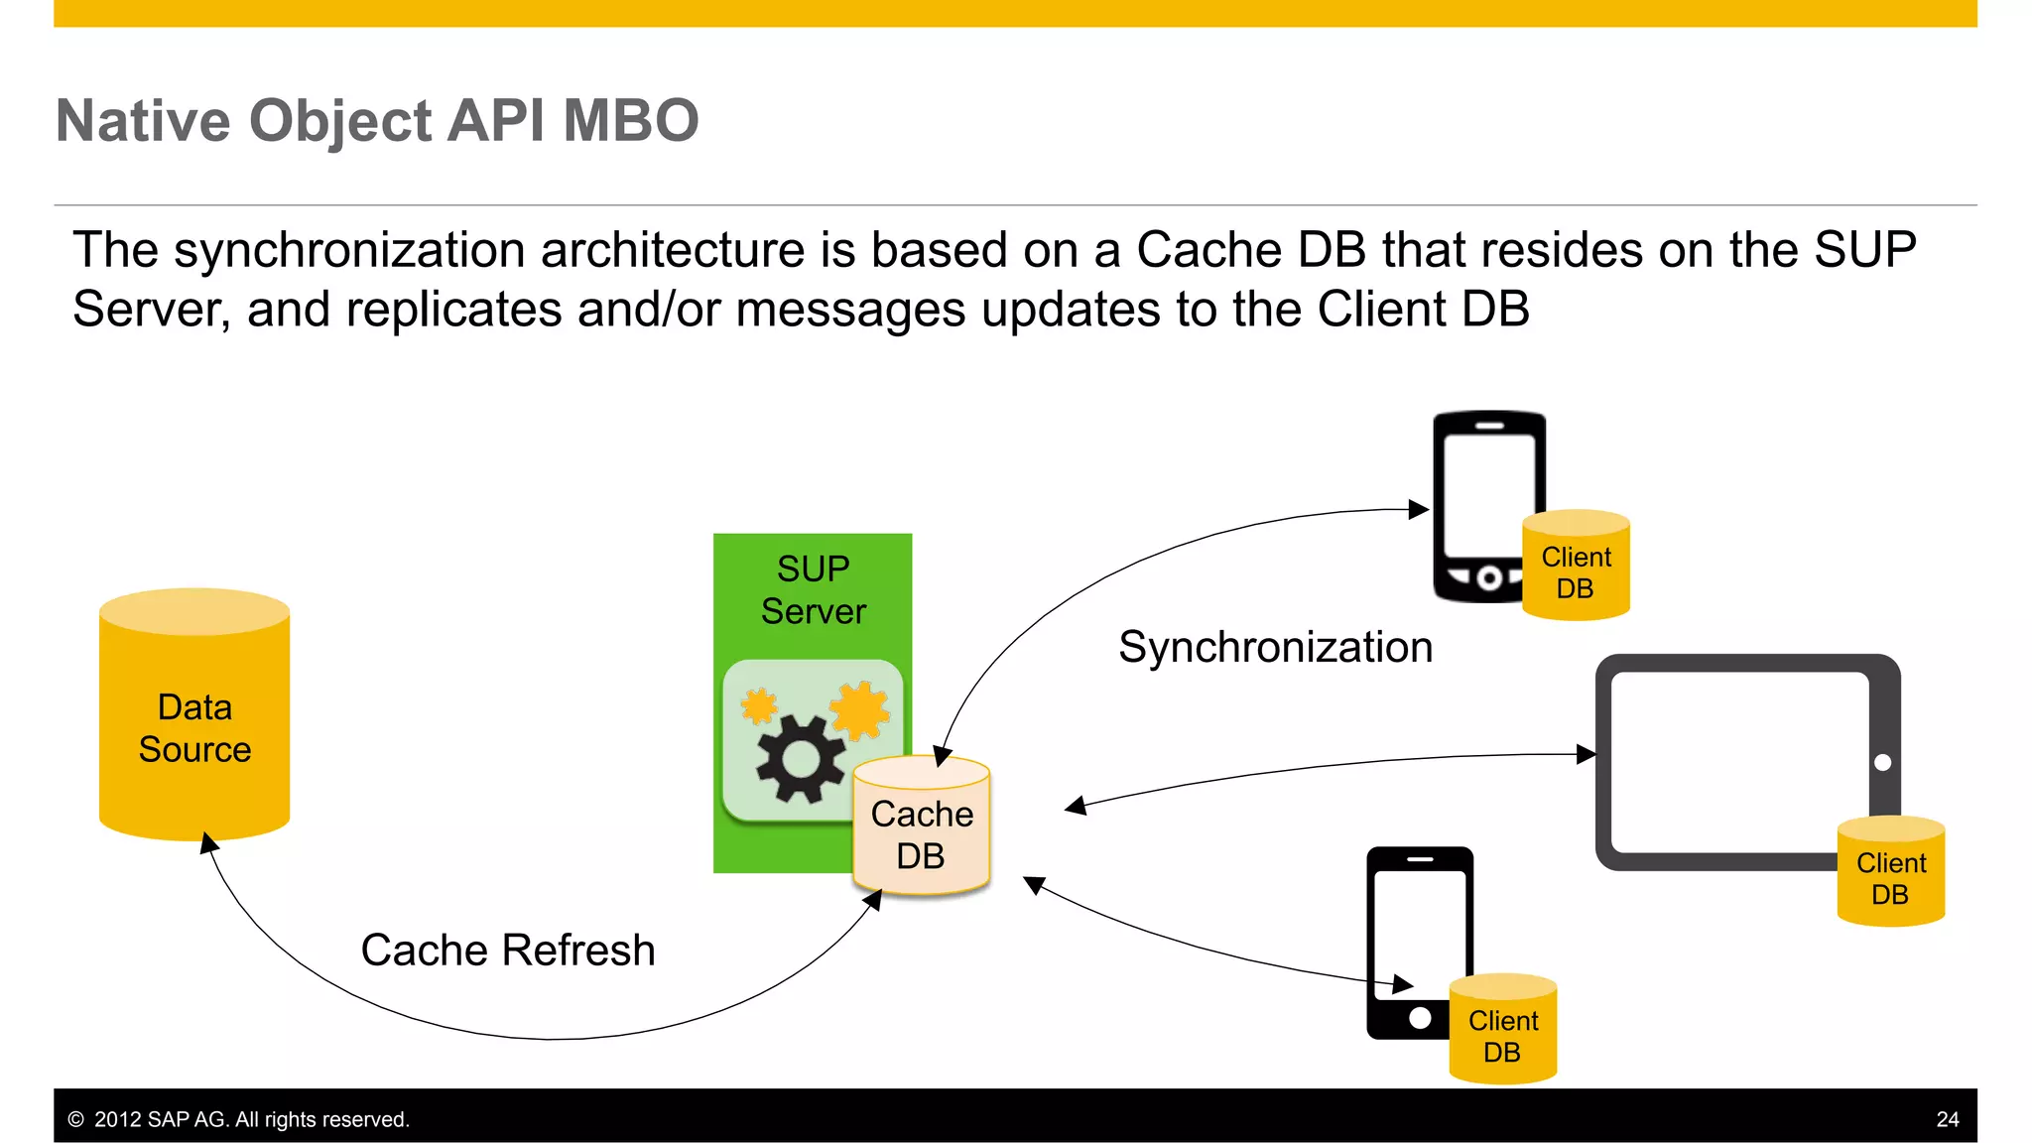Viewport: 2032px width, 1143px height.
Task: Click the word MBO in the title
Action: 630,121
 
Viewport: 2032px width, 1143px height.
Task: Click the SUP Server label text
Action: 813,590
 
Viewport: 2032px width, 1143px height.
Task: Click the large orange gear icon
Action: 859,709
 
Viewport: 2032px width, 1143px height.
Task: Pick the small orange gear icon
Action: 759,706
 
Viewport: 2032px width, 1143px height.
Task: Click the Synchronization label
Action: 1275,648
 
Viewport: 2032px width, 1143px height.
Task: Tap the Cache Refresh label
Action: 507,951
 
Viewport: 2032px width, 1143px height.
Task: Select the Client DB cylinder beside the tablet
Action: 1890,873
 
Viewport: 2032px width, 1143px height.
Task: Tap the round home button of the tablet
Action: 1882,763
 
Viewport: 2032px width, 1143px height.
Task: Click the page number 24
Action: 1947,1119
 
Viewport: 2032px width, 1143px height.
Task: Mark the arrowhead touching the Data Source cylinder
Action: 208,843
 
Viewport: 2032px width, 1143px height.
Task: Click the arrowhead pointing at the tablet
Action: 1586,755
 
